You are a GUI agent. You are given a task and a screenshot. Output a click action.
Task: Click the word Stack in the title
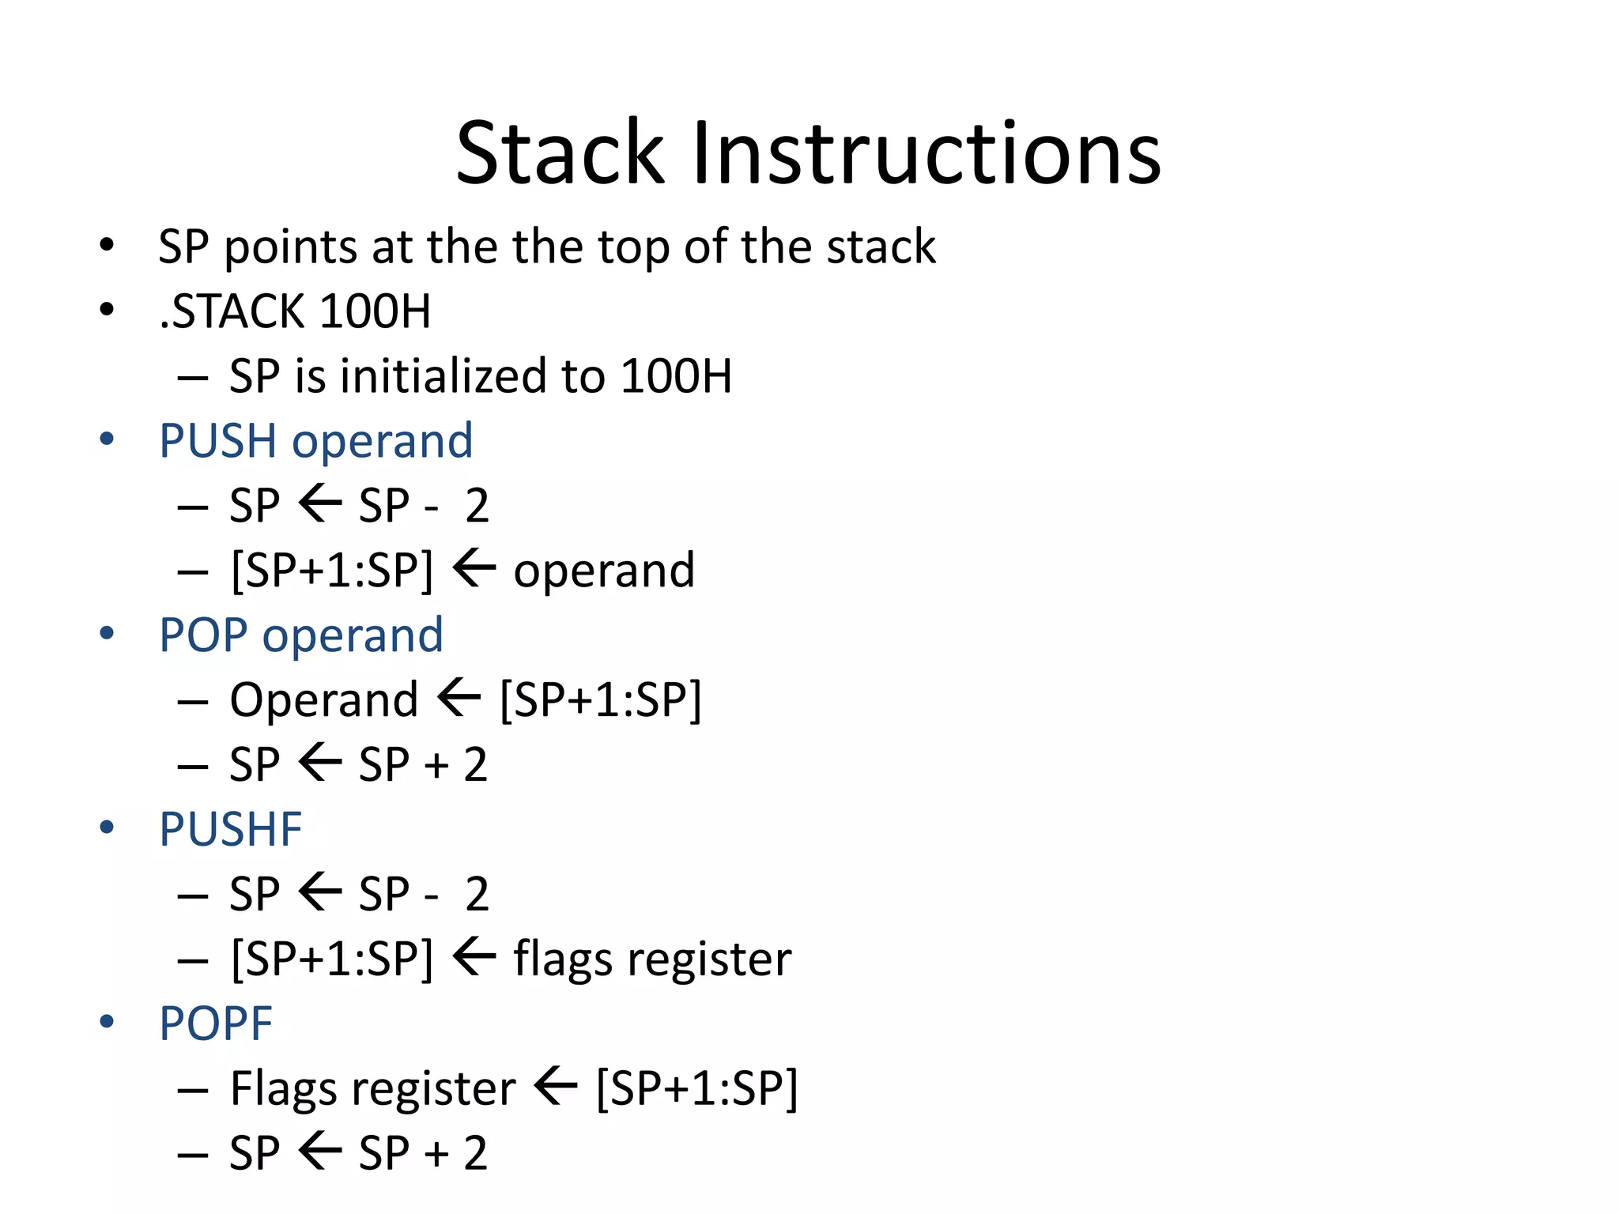(x=560, y=153)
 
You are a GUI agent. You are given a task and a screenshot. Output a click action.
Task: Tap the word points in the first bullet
(x=291, y=247)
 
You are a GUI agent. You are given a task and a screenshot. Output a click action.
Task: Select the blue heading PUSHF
(x=230, y=829)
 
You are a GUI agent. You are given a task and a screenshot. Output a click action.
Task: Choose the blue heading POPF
(x=215, y=1024)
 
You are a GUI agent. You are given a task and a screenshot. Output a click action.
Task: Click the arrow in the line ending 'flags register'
(x=474, y=957)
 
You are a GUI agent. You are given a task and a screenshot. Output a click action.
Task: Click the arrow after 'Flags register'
(x=555, y=1087)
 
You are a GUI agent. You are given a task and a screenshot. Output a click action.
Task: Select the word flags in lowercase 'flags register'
(x=563, y=960)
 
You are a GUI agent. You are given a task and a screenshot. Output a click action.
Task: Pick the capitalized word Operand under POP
(x=324, y=700)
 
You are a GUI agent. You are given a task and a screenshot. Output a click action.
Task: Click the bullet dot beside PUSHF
(x=107, y=828)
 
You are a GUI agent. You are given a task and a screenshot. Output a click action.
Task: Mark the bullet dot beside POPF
(x=107, y=1022)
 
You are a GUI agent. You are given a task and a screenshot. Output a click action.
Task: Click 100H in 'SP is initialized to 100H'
(x=676, y=375)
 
